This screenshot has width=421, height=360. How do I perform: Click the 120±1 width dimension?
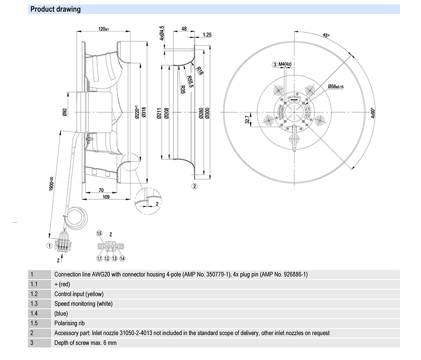pyautogui.click(x=104, y=29)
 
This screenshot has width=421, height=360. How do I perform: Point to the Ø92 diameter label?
pyautogui.click(x=65, y=112)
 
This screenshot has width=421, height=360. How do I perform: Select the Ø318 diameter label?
pyautogui.click(x=144, y=112)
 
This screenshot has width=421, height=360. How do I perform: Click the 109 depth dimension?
pyautogui.click(x=107, y=196)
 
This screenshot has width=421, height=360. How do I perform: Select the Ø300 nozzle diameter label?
pyautogui.click(x=207, y=113)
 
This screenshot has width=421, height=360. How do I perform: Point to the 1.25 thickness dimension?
pyautogui.click(x=206, y=35)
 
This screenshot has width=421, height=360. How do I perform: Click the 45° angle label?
pyautogui.click(x=326, y=36)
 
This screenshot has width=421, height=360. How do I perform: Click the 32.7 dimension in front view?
pyautogui.click(x=248, y=121)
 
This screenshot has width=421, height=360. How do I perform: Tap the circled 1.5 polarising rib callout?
pyautogui.click(x=99, y=233)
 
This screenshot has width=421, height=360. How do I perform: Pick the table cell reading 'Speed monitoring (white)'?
pyautogui.click(x=83, y=304)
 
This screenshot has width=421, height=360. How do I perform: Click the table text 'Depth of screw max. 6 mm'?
pyautogui.click(x=85, y=343)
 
